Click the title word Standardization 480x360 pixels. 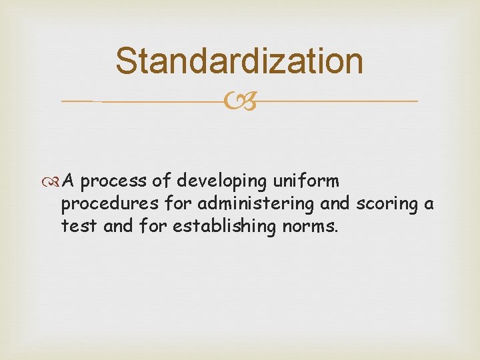pyautogui.click(x=239, y=61)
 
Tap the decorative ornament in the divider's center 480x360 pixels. pyautogui.click(x=240, y=102)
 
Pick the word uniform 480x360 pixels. pyautogui.click(x=306, y=181)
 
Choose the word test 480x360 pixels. pyautogui.click(x=79, y=227)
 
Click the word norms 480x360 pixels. pyautogui.click(x=311, y=227)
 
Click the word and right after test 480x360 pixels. pyautogui.click(x=119, y=227)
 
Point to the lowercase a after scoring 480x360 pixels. pyautogui.click(x=429, y=205)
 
